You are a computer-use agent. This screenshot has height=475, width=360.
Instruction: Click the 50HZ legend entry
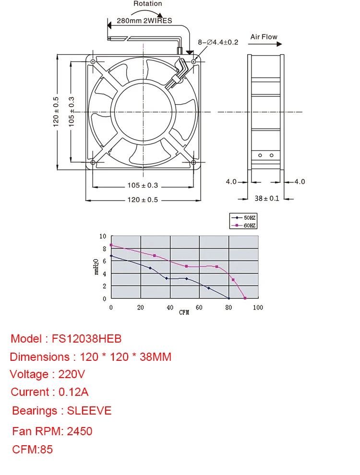coord(243,217)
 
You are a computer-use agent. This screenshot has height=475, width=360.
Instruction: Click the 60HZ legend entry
coord(243,226)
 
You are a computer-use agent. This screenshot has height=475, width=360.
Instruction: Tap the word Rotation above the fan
coord(147,4)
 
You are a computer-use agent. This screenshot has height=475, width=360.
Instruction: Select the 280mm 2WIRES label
coord(144,21)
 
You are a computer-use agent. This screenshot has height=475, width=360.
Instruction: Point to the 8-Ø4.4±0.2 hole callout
coord(218,42)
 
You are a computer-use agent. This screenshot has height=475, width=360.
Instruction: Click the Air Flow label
coord(264,37)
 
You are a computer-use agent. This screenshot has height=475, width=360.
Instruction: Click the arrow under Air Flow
coord(265,44)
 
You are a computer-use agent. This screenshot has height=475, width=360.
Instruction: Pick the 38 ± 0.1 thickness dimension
coord(267,199)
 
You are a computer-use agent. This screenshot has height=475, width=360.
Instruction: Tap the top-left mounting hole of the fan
coord(93,62)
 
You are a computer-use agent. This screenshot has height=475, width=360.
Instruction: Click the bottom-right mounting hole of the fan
coord(193,163)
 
